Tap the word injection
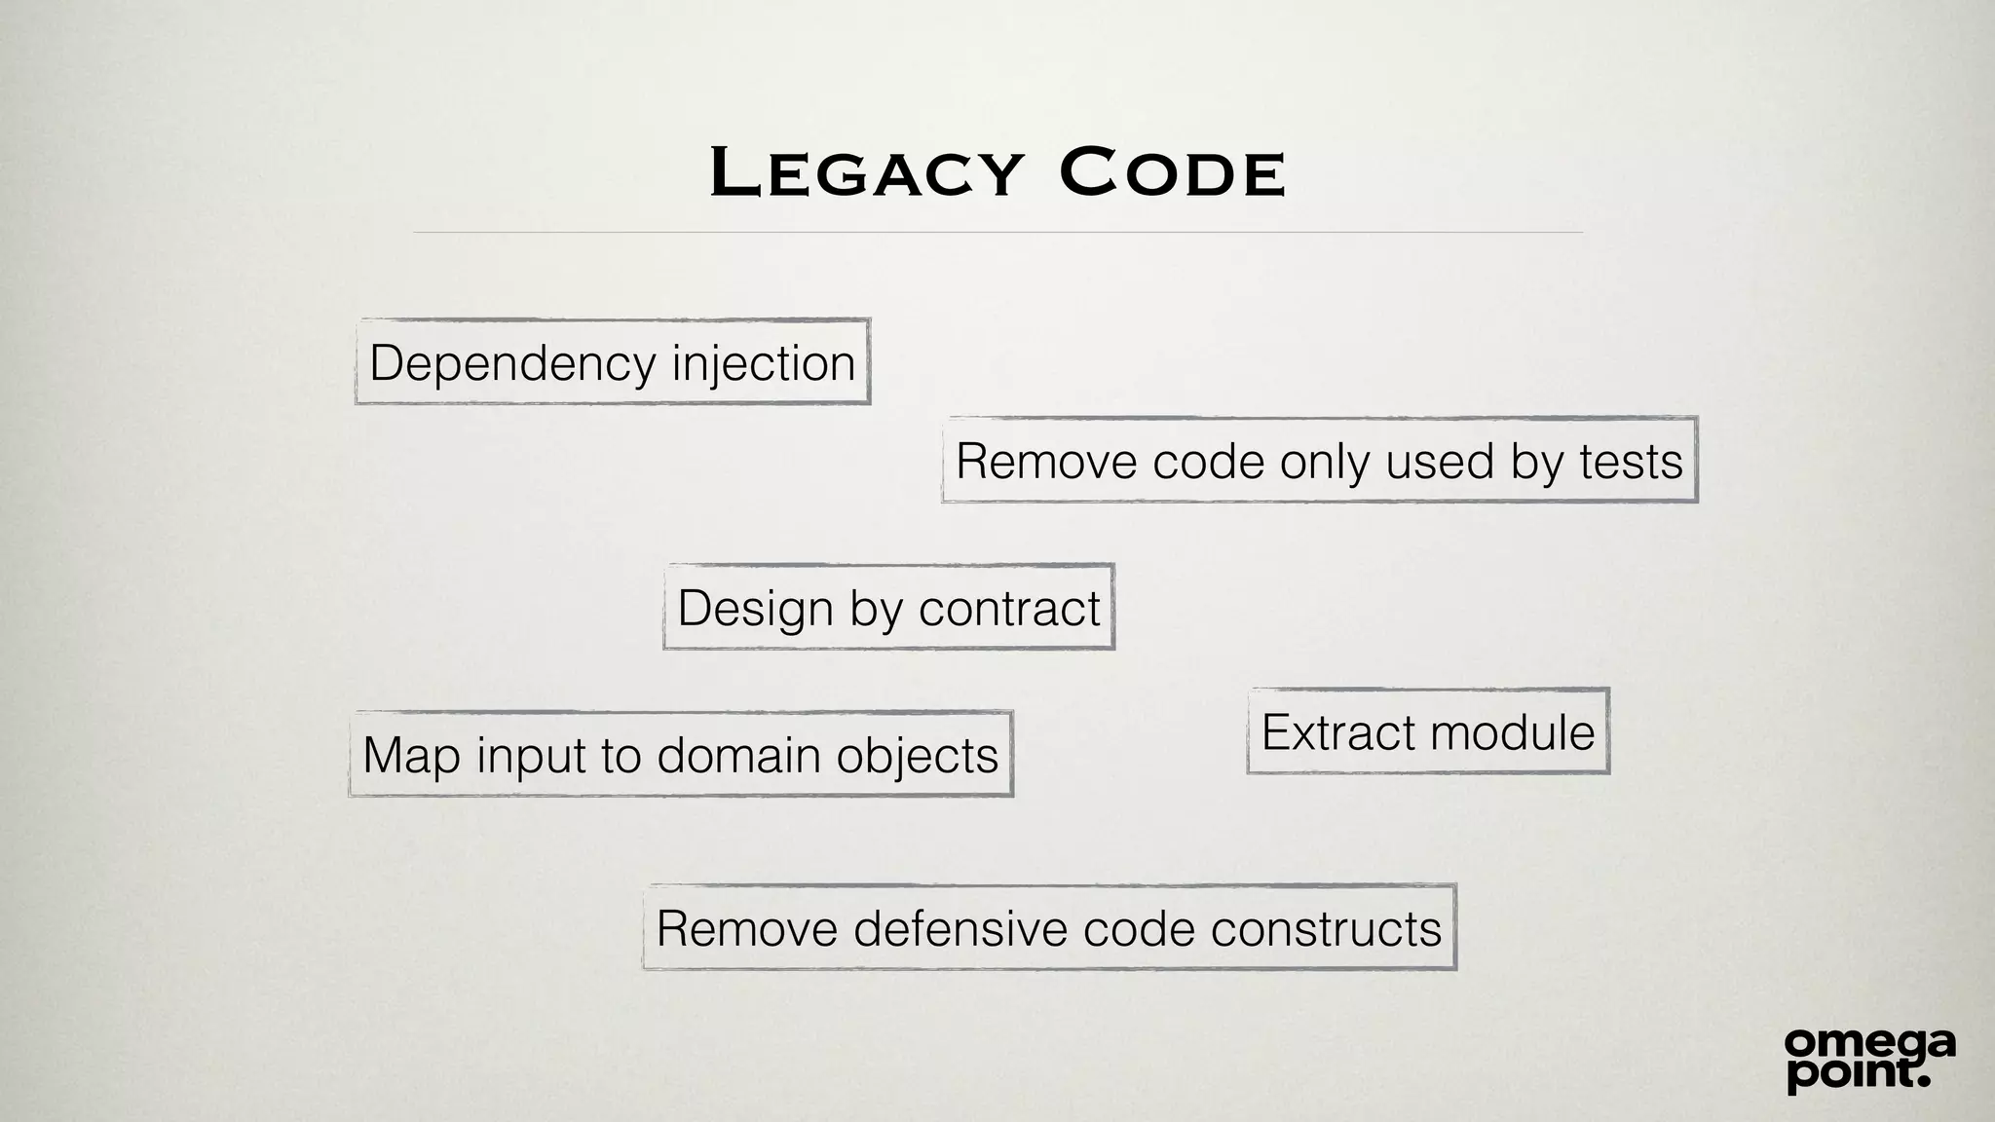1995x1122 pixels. pos(764,364)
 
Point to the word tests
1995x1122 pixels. pos(1631,462)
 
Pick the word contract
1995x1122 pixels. pos(1009,609)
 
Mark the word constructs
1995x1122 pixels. pos(1326,928)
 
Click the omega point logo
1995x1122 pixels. pos(1869,1059)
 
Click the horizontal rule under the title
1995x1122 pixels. pos(997,233)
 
